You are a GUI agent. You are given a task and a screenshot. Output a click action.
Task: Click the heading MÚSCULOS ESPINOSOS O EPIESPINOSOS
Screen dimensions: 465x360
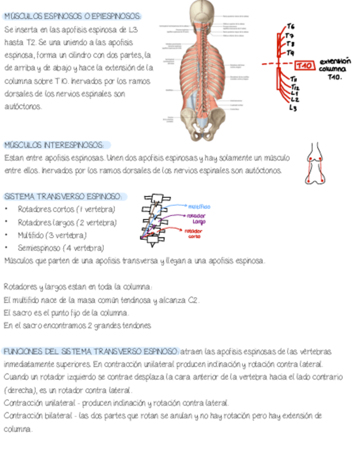pyautogui.click(x=72, y=16)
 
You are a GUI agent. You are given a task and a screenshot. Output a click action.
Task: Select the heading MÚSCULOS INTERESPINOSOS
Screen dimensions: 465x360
pyautogui.click(x=54, y=145)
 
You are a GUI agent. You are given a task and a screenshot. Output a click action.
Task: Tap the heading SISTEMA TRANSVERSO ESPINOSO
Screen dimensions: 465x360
pyautogui.click(x=63, y=196)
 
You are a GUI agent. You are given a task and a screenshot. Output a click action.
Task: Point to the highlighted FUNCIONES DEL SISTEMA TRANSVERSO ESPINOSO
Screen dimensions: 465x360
pyautogui.click(x=91, y=351)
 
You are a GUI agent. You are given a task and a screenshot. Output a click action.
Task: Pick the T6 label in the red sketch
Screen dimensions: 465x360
pyautogui.click(x=290, y=26)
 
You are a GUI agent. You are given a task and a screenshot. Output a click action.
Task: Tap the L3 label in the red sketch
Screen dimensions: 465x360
pyautogui.click(x=293, y=108)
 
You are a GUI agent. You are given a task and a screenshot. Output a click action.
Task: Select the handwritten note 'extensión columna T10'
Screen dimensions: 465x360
pyautogui.click(x=334, y=69)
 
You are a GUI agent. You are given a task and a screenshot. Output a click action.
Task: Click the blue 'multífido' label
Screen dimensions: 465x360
pyautogui.click(x=199, y=207)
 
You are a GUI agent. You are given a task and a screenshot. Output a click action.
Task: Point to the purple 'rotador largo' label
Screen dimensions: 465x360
pyautogui.click(x=196, y=219)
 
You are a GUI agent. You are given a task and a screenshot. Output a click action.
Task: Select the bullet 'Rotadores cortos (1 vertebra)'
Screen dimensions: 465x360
pyautogui.click(x=66, y=209)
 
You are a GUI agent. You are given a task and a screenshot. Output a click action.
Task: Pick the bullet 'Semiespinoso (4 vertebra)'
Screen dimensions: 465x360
pyautogui.click(x=60, y=248)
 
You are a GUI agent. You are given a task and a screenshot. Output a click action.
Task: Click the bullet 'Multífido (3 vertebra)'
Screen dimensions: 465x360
pyautogui.click(x=52, y=235)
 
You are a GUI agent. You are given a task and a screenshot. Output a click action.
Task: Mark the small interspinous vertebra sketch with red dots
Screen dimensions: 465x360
pyautogui.click(x=315, y=163)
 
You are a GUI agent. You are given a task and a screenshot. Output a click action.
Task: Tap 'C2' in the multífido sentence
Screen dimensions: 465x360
pyautogui.click(x=192, y=300)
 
